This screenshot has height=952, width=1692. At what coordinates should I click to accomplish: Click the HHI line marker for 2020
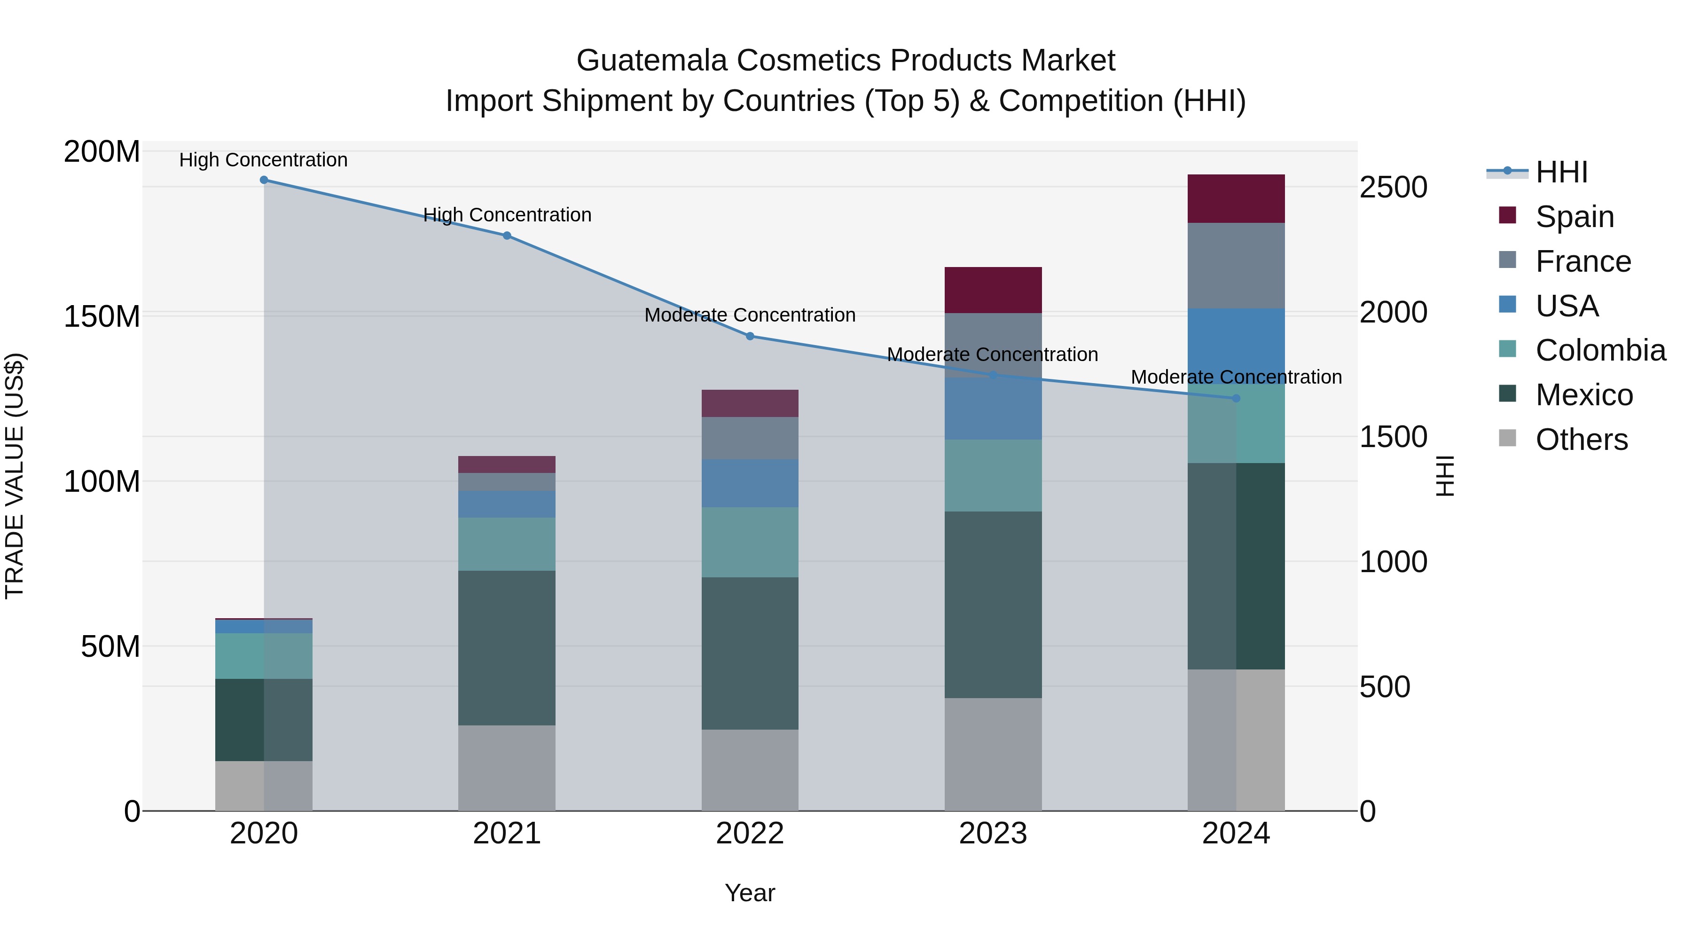click(264, 180)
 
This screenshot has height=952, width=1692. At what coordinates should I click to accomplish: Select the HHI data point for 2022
click(750, 337)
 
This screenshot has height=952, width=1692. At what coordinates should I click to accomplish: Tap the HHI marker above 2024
click(1236, 399)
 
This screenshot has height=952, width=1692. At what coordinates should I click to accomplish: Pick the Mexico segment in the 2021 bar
click(506, 648)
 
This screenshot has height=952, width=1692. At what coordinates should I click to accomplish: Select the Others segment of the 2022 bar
click(750, 770)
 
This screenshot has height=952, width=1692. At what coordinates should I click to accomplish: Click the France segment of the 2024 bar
click(1236, 266)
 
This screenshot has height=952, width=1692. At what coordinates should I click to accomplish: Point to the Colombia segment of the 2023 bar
click(993, 476)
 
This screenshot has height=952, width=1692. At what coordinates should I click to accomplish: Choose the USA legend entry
click(1567, 306)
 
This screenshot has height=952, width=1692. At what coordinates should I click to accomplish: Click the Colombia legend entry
click(1600, 351)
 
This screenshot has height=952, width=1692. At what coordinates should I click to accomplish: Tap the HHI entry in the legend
click(1561, 172)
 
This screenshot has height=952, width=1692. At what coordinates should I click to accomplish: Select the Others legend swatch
click(1507, 438)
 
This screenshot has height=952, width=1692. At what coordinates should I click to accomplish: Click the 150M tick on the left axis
click(102, 317)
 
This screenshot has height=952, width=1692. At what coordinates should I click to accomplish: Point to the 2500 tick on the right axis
click(1393, 188)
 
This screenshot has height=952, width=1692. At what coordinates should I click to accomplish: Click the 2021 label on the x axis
click(506, 834)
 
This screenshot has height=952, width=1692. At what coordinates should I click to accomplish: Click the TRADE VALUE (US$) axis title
click(15, 476)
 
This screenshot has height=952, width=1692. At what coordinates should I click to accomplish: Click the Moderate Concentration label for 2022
click(750, 315)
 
